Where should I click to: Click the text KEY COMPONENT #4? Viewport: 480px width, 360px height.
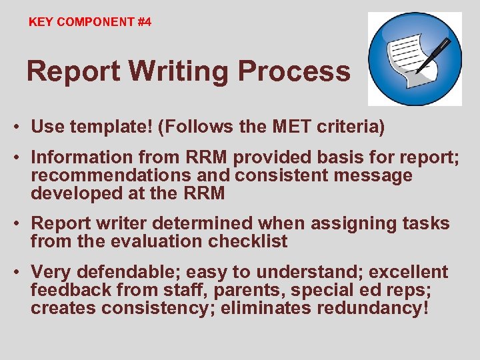click(90, 22)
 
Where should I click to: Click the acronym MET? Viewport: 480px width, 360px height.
click(304, 126)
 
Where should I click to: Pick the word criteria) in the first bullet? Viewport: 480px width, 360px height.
click(360, 126)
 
